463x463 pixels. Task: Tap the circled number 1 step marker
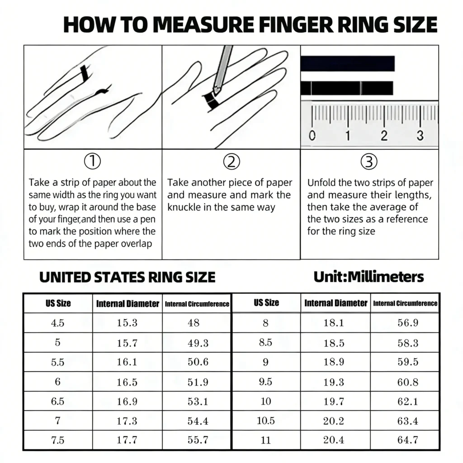(x=93, y=161)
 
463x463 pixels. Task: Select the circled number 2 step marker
(x=231, y=161)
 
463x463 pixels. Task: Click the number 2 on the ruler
(x=384, y=135)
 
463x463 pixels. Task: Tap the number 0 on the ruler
(x=311, y=135)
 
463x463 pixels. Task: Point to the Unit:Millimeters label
(x=369, y=277)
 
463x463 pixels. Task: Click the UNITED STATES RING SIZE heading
(x=127, y=277)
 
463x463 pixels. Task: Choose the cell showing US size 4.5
(x=58, y=323)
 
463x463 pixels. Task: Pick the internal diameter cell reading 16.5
(x=127, y=382)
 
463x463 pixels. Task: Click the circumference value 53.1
(x=198, y=402)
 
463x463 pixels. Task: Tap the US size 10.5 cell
(x=266, y=421)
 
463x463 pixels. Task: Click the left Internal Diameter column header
(x=128, y=303)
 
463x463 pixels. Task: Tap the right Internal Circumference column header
(x=405, y=303)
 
